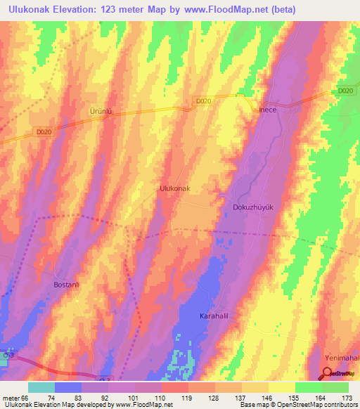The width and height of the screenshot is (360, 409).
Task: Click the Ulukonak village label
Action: pos(175,189)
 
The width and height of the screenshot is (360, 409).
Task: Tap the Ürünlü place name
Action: pos(101,112)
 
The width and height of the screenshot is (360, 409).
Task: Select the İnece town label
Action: pos(270,110)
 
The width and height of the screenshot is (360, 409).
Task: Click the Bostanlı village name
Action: pos(69,285)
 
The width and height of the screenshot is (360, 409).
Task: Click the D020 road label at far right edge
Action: pos(344,91)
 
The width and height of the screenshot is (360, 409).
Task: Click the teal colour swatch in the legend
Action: pos(41,387)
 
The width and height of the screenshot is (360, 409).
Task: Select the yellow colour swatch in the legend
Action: pos(282,387)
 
